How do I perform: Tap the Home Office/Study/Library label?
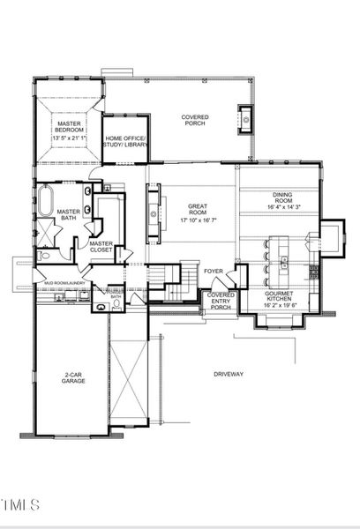125,143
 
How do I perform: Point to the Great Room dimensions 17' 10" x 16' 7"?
198,220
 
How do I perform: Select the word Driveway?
229,375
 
